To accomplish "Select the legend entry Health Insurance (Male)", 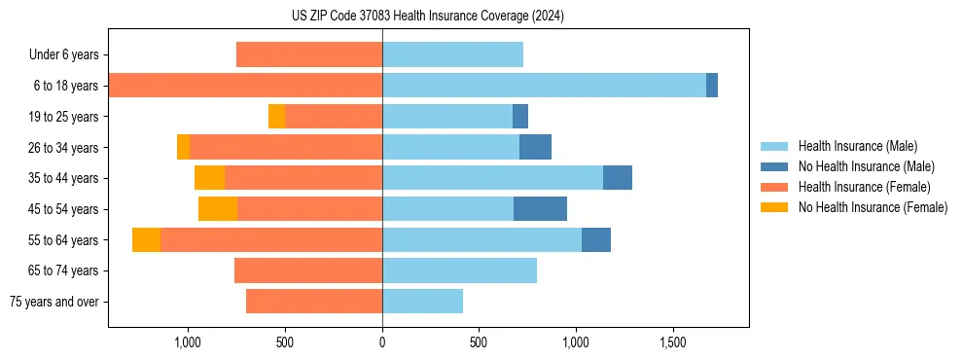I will (857, 146).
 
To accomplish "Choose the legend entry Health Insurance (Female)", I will (864, 187).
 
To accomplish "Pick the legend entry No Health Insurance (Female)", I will (873, 207).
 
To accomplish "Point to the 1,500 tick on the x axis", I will (673, 342).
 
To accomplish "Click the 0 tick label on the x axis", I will (382, 342).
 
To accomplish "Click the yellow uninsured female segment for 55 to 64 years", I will (146, 240).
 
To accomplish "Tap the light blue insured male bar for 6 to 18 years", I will (544, 86).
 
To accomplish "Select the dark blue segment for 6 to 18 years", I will (712, 86).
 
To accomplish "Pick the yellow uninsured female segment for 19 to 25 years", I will (276, 117).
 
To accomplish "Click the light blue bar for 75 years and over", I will (422, 302).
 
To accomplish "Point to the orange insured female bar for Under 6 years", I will (309, 54).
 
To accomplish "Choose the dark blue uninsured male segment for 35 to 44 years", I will (618, 178).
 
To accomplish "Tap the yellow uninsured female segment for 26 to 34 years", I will (183, 147).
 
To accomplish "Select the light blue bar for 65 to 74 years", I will (459, 270).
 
